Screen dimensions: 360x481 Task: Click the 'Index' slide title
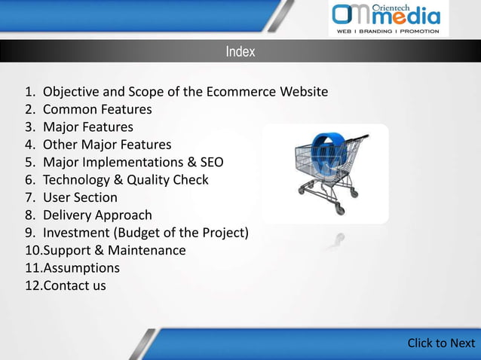click(240, 52)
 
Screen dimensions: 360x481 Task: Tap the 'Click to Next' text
click(441, 343)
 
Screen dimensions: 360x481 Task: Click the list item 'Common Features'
click(97, 109)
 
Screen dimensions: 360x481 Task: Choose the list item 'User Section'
click(80, 197)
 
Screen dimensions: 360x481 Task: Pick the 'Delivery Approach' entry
click(97, 215)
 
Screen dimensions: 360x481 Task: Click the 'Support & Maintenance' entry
click(114, 250)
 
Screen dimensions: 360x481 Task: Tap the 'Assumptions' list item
click(81, 267)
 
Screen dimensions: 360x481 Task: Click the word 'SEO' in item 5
click(211, 162)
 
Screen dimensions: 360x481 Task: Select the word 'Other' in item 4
click(60, 145)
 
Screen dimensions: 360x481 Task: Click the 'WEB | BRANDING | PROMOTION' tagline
click(388, 32)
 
